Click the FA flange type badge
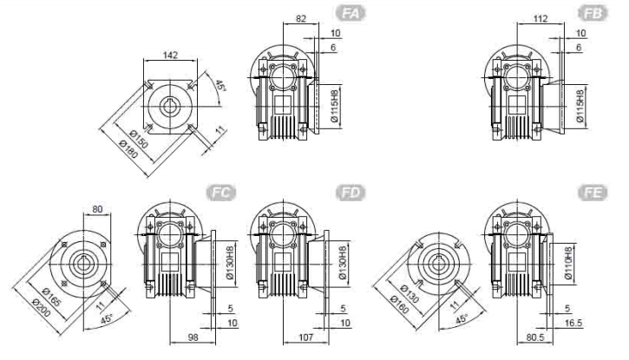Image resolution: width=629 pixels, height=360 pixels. pos(351,13)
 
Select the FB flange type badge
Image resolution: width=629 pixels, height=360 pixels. pos(593,13)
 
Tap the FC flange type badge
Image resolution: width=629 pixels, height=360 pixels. pos(221,193)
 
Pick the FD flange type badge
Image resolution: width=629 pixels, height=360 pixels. pos(351,193)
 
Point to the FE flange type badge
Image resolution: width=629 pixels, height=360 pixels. pos(593,193)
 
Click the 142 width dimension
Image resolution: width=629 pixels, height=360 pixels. pos(171,55)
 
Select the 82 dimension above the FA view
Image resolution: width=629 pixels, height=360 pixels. pos(301,18)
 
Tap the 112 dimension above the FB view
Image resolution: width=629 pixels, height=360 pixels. pos(541,18)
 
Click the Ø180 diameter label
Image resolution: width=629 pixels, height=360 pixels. pos(129,149)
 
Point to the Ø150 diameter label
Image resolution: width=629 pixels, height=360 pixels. pos(139,139)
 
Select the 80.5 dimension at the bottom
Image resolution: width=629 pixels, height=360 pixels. pos(535,337)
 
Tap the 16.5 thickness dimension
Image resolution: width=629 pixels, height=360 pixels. pos(573,323)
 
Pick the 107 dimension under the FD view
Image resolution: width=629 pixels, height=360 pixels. pos(305,337)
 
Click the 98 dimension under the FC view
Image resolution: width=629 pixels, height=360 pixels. pos(193,337)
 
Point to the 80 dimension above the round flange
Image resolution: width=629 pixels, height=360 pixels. pos(97,209)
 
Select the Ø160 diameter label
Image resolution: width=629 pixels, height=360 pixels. pos(400,305)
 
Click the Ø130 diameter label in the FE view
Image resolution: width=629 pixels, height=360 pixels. pos(410,294)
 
